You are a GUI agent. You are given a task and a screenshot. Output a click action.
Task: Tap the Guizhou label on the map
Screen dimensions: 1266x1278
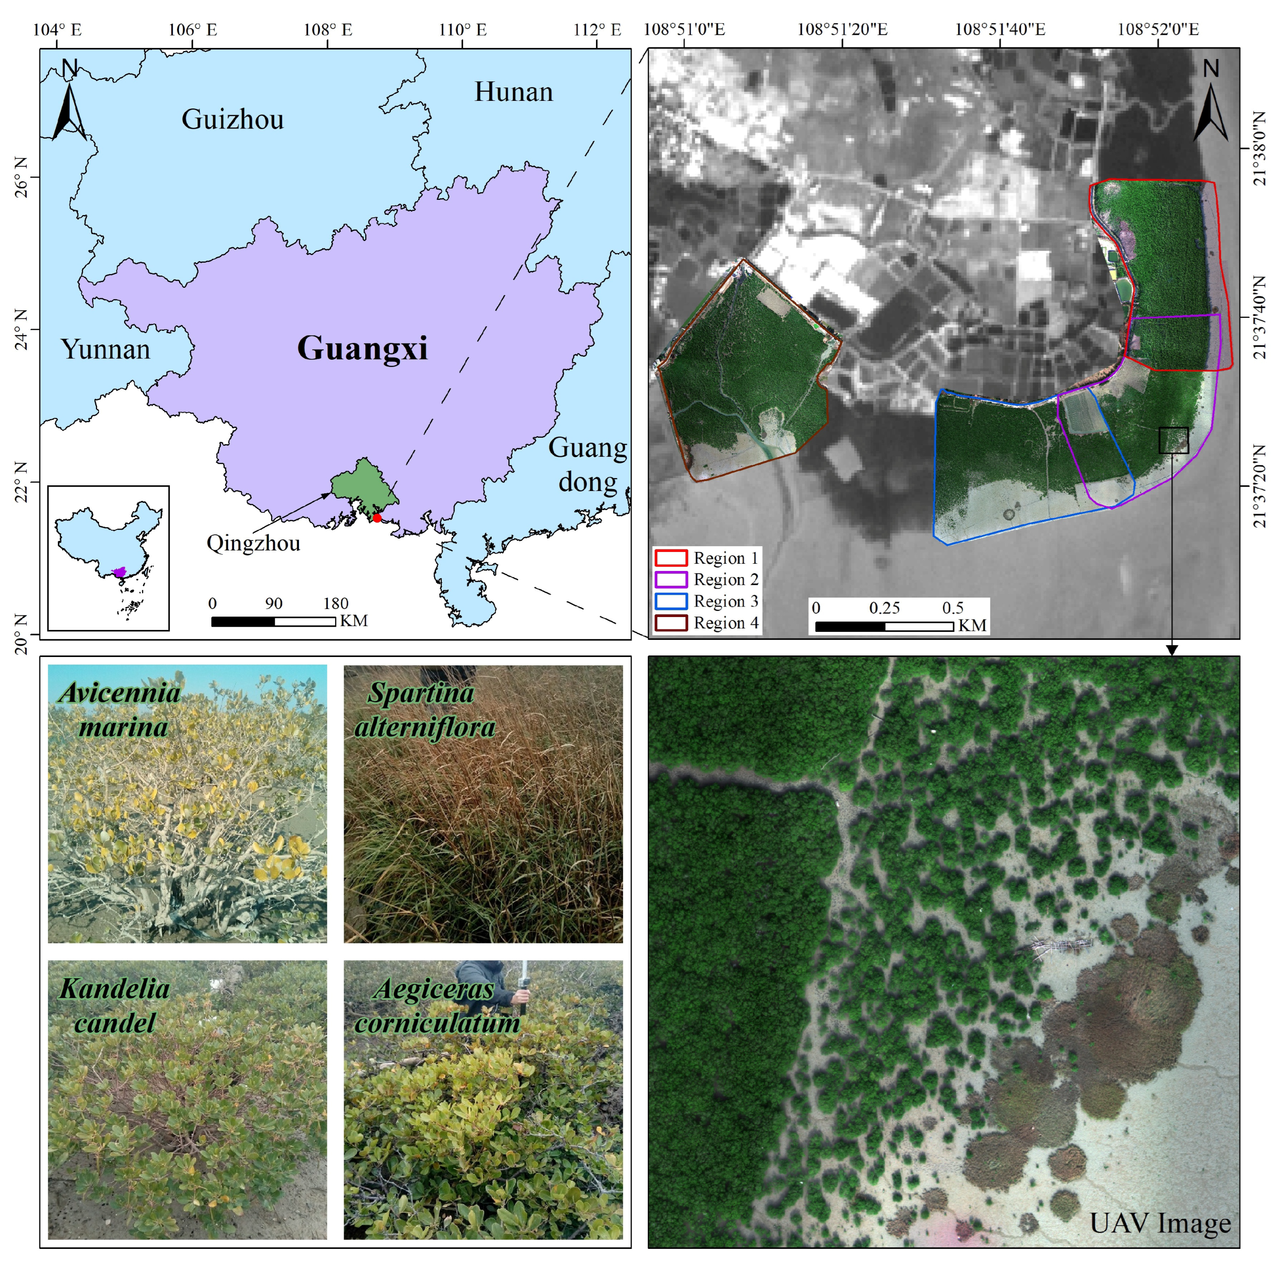click(232, 119)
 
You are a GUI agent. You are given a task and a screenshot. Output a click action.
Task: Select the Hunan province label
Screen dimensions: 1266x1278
click(513, 92)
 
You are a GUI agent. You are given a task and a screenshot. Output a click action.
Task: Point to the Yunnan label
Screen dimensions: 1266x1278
click(106, 349)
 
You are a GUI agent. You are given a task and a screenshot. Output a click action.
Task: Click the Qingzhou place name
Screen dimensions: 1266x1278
click(253, 543)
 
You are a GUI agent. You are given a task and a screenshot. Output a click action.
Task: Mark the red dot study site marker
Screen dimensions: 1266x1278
click(377, 518)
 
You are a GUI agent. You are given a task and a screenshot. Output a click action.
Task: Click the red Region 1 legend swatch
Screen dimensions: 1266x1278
click(671, 557)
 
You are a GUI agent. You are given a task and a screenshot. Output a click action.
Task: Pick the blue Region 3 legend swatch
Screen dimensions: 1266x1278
click(671, 601)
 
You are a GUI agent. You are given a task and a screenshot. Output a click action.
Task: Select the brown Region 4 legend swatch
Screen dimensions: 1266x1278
click(671, 623)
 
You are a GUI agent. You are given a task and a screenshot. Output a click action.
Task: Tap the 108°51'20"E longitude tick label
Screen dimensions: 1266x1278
click(842, 29)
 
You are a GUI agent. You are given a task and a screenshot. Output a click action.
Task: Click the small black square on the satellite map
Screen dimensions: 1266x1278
click(1173, 440)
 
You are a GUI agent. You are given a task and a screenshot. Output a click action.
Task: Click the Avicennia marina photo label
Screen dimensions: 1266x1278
click(121, 710)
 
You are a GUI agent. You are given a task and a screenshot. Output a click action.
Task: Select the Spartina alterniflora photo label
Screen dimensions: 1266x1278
click(423, 710)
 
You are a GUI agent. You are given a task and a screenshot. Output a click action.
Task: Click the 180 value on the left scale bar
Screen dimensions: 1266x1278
click(336, 603)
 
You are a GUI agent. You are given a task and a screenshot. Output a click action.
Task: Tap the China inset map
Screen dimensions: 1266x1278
click(109, 558)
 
